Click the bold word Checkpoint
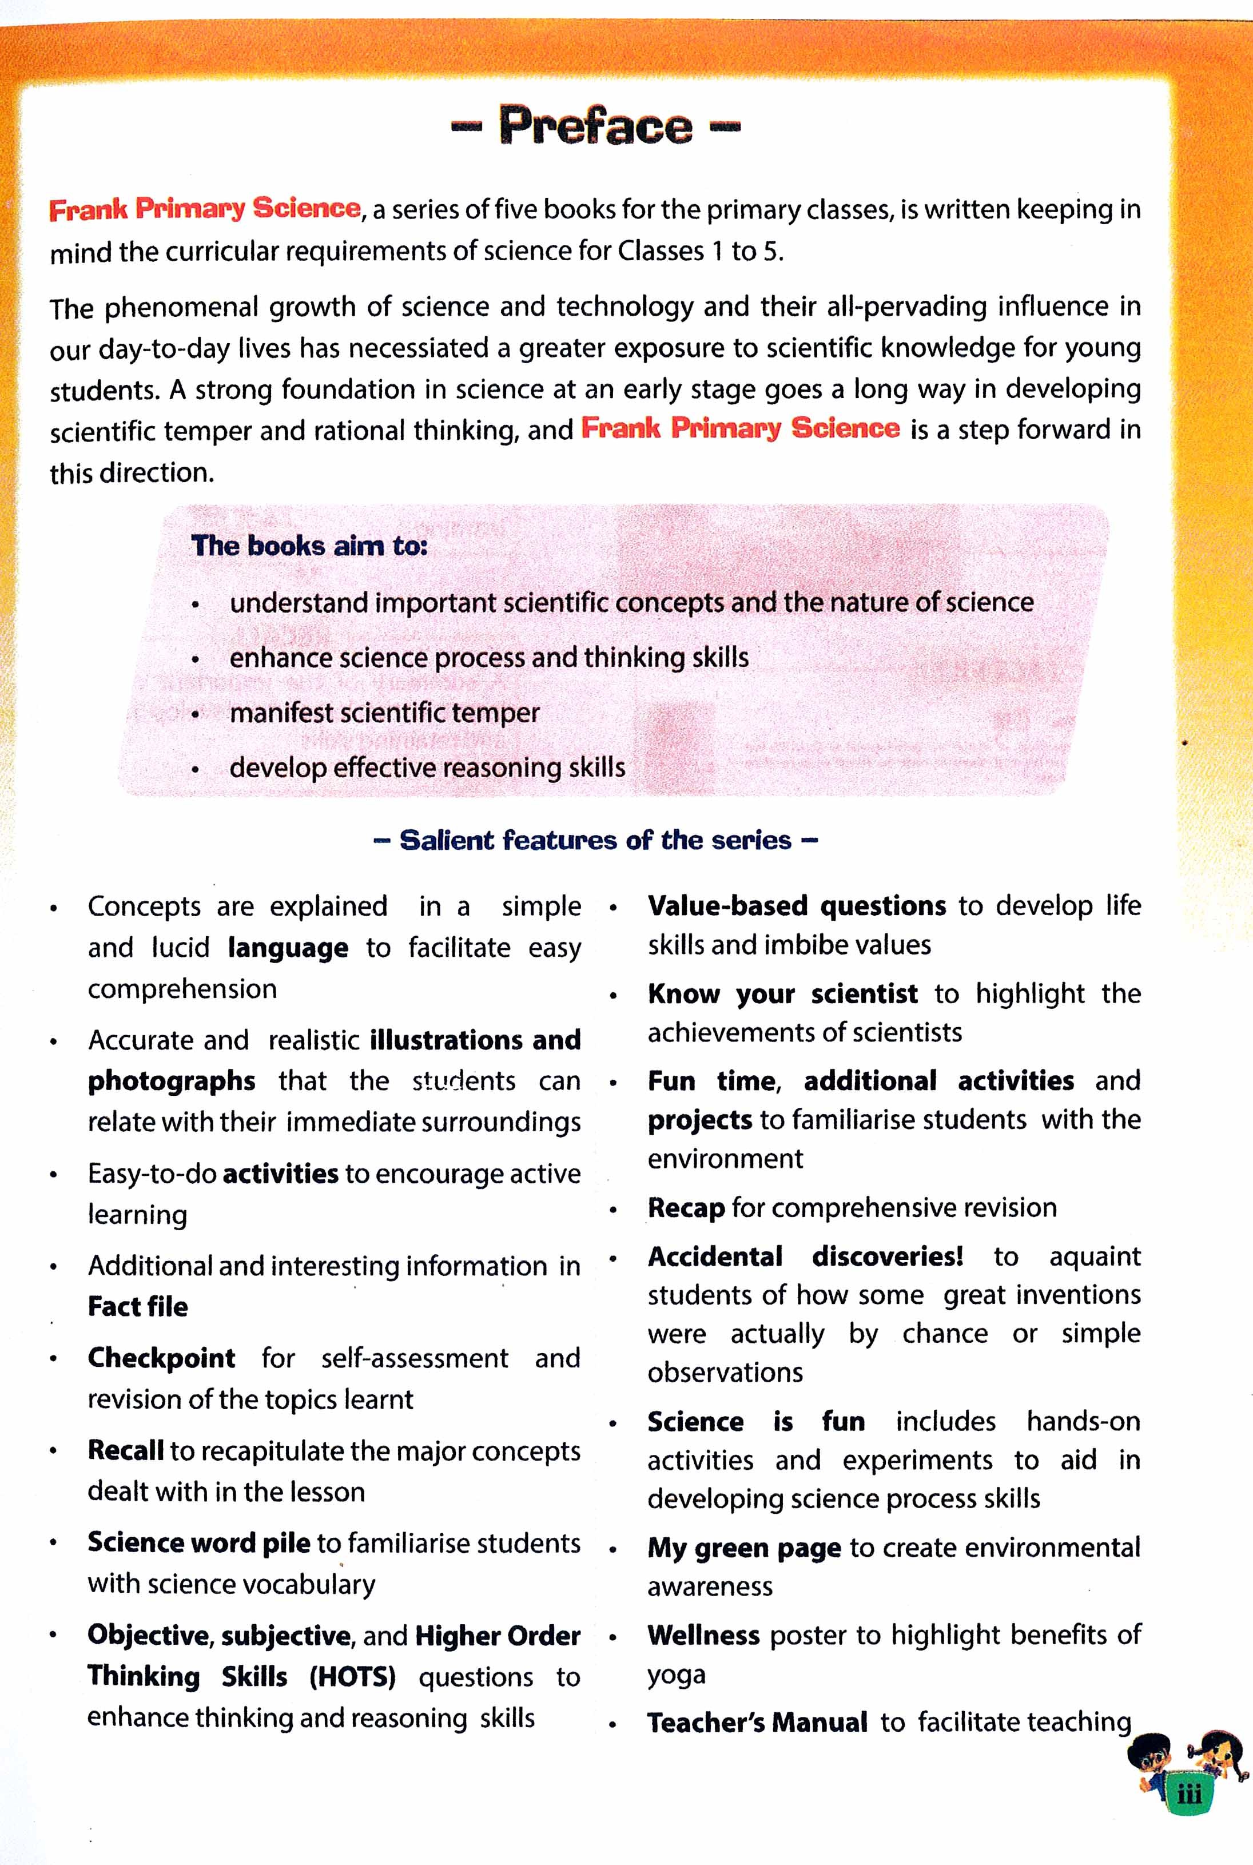[x=161, y=1358]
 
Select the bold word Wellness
[x=703, y=1636]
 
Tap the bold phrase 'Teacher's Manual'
[x=757, y=1722]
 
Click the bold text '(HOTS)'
[x=352, y=1677]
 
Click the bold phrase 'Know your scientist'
[x=782, y=993]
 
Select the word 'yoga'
[x=676, y=1674]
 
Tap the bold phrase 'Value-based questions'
[x=797, y=905]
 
